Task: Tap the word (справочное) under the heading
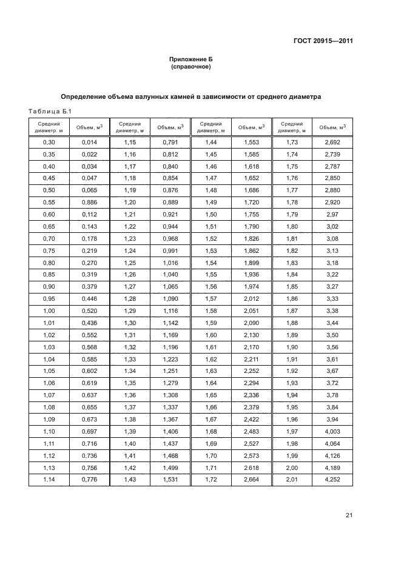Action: (x=191, y=67)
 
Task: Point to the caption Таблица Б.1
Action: (x=50, y=111)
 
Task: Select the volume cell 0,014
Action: (x=89, y=141)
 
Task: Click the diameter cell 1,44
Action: (x=211, y=141)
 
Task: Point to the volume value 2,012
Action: (x=252, y=299)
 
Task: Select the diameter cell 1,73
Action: (x=292, y=141)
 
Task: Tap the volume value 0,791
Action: (x=170, y=141)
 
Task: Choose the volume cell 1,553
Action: (x=252, y=141)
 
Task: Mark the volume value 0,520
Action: (x=89, y=311)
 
